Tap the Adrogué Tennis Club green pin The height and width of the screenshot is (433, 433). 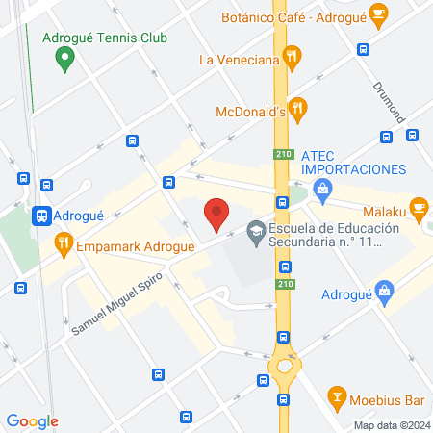65,60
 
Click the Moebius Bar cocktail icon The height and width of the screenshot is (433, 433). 337,396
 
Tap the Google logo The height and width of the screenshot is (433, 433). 32,420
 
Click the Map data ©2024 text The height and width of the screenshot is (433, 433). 390,424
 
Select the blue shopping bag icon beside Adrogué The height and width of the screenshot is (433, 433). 385,290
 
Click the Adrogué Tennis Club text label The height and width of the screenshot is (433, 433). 106,38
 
